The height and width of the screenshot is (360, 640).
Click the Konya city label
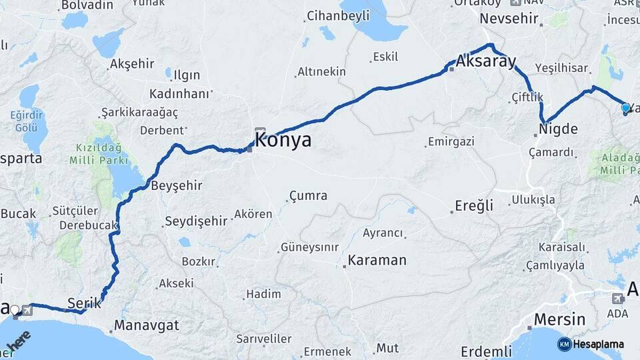[x=283, y=140]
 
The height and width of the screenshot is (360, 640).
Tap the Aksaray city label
[x=487, y=62]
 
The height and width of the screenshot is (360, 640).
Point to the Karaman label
[x=377, y=260]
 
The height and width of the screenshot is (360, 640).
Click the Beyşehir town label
[x=177, y=185]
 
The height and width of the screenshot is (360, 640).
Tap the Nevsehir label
[x=509, y=18]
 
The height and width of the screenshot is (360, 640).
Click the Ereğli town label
[x=474, y=205]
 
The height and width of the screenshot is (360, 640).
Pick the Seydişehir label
[x=196, y=221]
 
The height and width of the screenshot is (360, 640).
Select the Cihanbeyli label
[x=337, y=15]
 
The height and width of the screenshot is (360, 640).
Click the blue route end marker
[x=625, y=107]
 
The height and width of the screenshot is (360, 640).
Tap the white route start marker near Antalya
[x=14, y=309]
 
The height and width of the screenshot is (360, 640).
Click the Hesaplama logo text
[x=598, y=345]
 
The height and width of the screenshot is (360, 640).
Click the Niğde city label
[x=558, y=129]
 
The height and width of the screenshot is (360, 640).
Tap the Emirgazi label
[x=451, y=141]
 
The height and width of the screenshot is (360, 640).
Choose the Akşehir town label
[x=132, y=64]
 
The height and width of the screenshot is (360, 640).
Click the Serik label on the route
[x=84, y=303]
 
